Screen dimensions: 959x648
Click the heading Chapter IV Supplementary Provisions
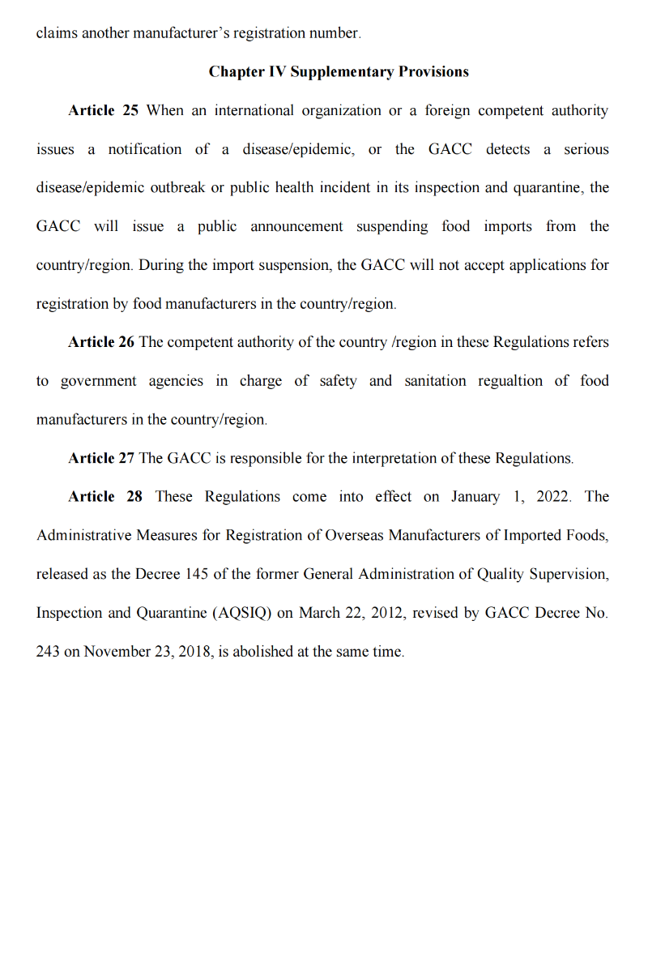[x=339, y=71]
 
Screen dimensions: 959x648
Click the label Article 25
[x=103, y=110]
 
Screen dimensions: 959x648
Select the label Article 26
[x=101, y=342]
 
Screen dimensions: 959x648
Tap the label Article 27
[x=101, y=458]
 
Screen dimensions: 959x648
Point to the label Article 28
[x=104, y=496]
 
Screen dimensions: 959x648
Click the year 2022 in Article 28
[x=553, y=496]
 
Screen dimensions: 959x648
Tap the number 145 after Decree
[x=197, y=574]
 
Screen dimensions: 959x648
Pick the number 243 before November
[x=48, y=652]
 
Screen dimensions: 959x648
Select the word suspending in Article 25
[x=392, y=226]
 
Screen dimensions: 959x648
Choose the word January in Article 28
[x=475, y=496]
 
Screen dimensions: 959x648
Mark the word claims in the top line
[x=57, y=33]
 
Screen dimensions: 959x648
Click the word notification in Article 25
[x=145, y=149]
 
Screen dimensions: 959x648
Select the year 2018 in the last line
[x=194, y=652]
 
